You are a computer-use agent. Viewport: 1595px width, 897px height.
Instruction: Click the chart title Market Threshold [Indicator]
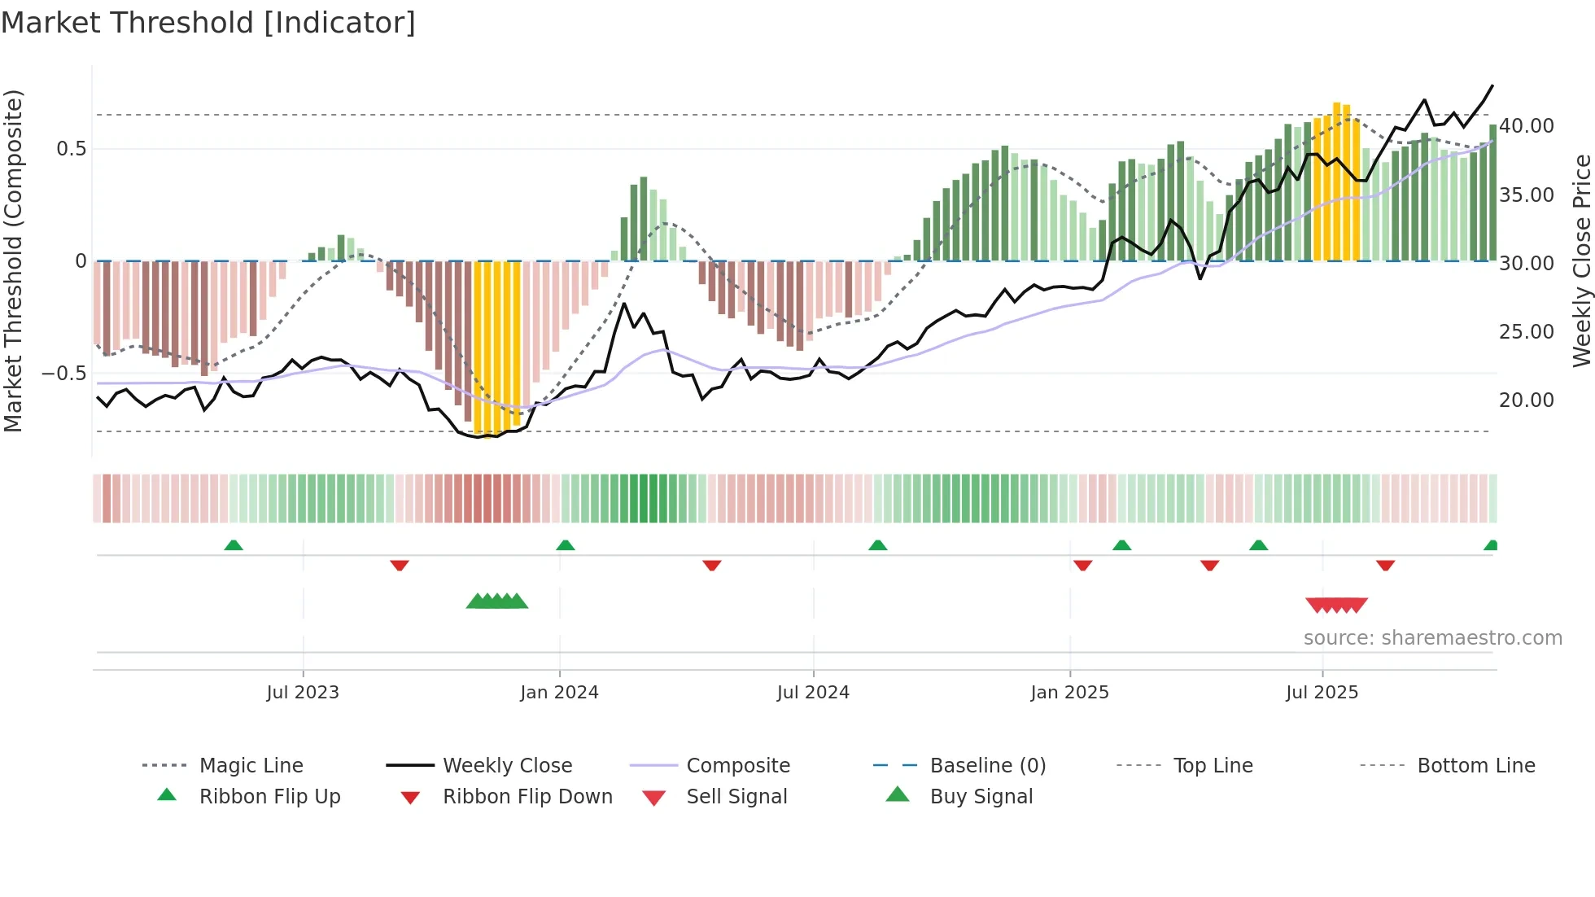tap(208, 23)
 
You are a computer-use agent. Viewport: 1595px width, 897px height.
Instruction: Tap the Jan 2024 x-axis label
tap(559, 693)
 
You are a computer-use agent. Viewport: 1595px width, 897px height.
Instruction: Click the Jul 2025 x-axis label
tap(1322, 693)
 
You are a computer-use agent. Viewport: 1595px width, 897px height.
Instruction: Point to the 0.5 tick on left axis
tap(71, 149)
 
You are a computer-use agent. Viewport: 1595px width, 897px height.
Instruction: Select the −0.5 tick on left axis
tap(63, 374)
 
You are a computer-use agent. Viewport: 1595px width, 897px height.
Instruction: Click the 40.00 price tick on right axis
tap(1526, 126)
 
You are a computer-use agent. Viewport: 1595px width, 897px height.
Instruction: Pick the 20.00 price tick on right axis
tap(1526, 400)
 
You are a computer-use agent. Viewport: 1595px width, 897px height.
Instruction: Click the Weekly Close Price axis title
tap(1581, 260)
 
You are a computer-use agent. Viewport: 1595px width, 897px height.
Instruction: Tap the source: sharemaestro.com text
tap(1432, 638)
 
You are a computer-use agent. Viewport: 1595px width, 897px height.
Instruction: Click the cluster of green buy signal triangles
tap(497, 602)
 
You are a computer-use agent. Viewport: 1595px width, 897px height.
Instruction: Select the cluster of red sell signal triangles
tap(1336, 605)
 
